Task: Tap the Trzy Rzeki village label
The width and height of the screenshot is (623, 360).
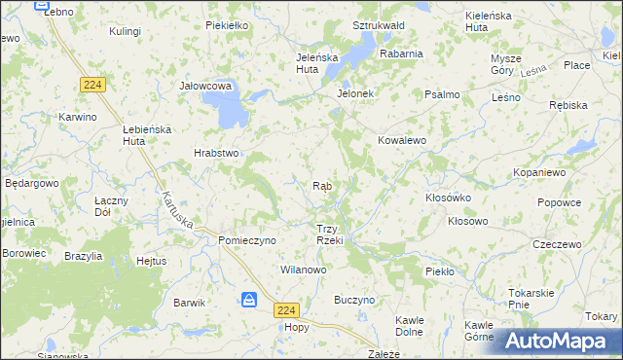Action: click(328, 234)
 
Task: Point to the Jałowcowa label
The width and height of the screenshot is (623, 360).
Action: click(205, 86)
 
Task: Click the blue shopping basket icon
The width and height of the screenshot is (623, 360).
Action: click(250, 300)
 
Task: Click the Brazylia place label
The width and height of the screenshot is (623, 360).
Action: click(84, 255)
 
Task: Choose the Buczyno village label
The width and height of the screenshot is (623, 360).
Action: click(354, 301)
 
